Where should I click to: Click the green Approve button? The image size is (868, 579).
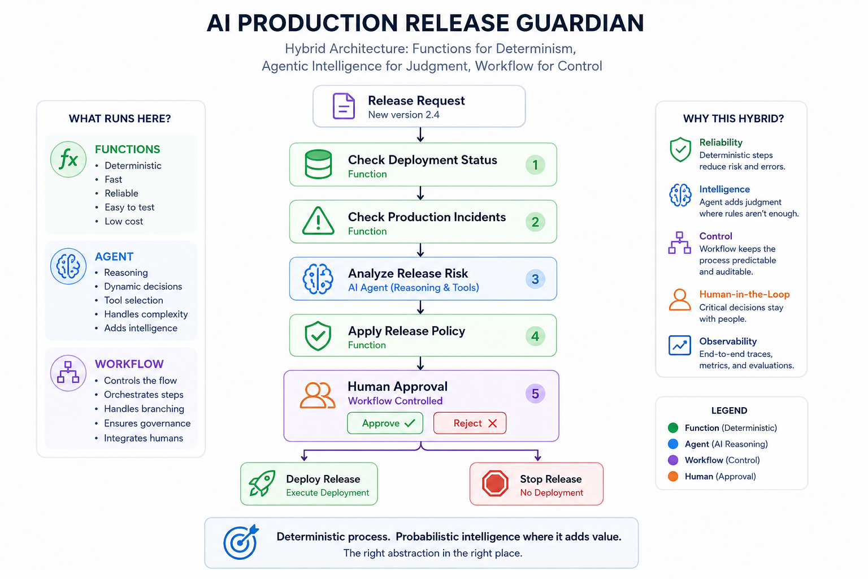click(385, 423)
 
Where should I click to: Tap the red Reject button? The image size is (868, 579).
click(470, 423)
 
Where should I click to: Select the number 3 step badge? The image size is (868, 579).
click(535, 279)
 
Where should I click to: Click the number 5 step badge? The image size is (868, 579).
click(535, 394)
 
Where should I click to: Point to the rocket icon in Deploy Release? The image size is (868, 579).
click(262, 483)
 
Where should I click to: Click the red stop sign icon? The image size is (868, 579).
click(495, 483)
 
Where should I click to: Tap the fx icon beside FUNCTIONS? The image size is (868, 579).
click(68, 159)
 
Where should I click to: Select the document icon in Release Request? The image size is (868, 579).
click(344, 106)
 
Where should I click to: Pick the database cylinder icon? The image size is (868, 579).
click(318, 164)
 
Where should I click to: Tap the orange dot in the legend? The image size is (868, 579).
click(673, 476)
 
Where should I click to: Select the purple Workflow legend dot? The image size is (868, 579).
click(673, 460)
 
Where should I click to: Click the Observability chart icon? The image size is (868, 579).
click(680, 345)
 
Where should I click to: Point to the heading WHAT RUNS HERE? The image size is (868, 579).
click(120, 119)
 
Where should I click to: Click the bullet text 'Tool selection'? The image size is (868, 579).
click(134, 300)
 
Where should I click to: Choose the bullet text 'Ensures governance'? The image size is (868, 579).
click(147, 423)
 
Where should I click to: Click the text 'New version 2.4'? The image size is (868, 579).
click(403, 115)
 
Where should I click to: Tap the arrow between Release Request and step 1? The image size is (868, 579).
click(420, 135)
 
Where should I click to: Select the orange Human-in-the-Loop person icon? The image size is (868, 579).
click(680, 299)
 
